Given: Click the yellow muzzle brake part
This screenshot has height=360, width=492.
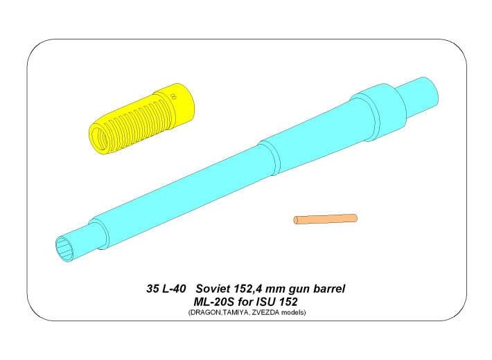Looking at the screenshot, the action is pyautogui.click(x=142, y=119).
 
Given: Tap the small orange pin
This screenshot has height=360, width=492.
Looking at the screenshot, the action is pyautogui.click(x=325, y=219).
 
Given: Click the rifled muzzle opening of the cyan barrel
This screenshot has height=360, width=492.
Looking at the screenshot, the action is pyautogui.click(x=64, y=249).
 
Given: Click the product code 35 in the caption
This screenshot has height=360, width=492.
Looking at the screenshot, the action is pyautogui.click(x=152, y=289).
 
